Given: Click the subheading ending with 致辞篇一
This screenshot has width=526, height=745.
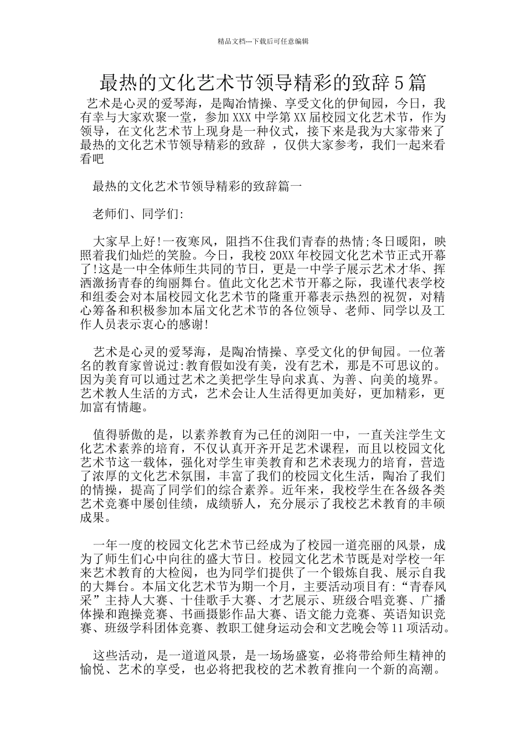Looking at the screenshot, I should [197, 186].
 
